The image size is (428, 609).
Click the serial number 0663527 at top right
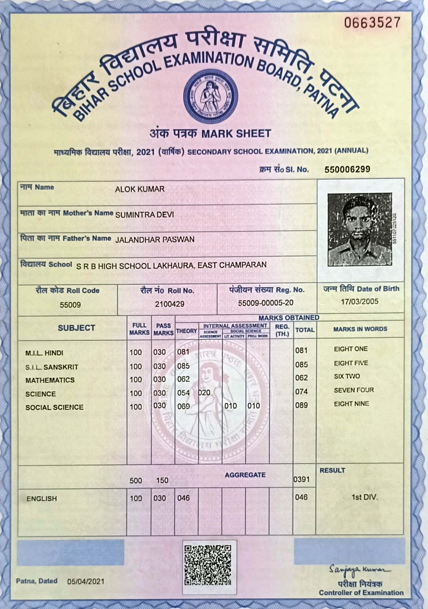(372, 23)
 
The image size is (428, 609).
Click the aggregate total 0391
(301, 479)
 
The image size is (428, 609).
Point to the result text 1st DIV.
(364, 497)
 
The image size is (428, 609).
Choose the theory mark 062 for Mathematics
(183, 379)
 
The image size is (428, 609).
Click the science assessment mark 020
(204, 393)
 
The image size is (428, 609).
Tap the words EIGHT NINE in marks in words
(351, 404)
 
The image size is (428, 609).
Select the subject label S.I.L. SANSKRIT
(52, 367)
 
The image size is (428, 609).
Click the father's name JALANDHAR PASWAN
(155, 240)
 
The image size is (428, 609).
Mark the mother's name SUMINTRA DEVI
(145, 215)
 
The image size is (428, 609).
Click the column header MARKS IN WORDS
(360, 329)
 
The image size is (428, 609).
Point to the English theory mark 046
(183, 498)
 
